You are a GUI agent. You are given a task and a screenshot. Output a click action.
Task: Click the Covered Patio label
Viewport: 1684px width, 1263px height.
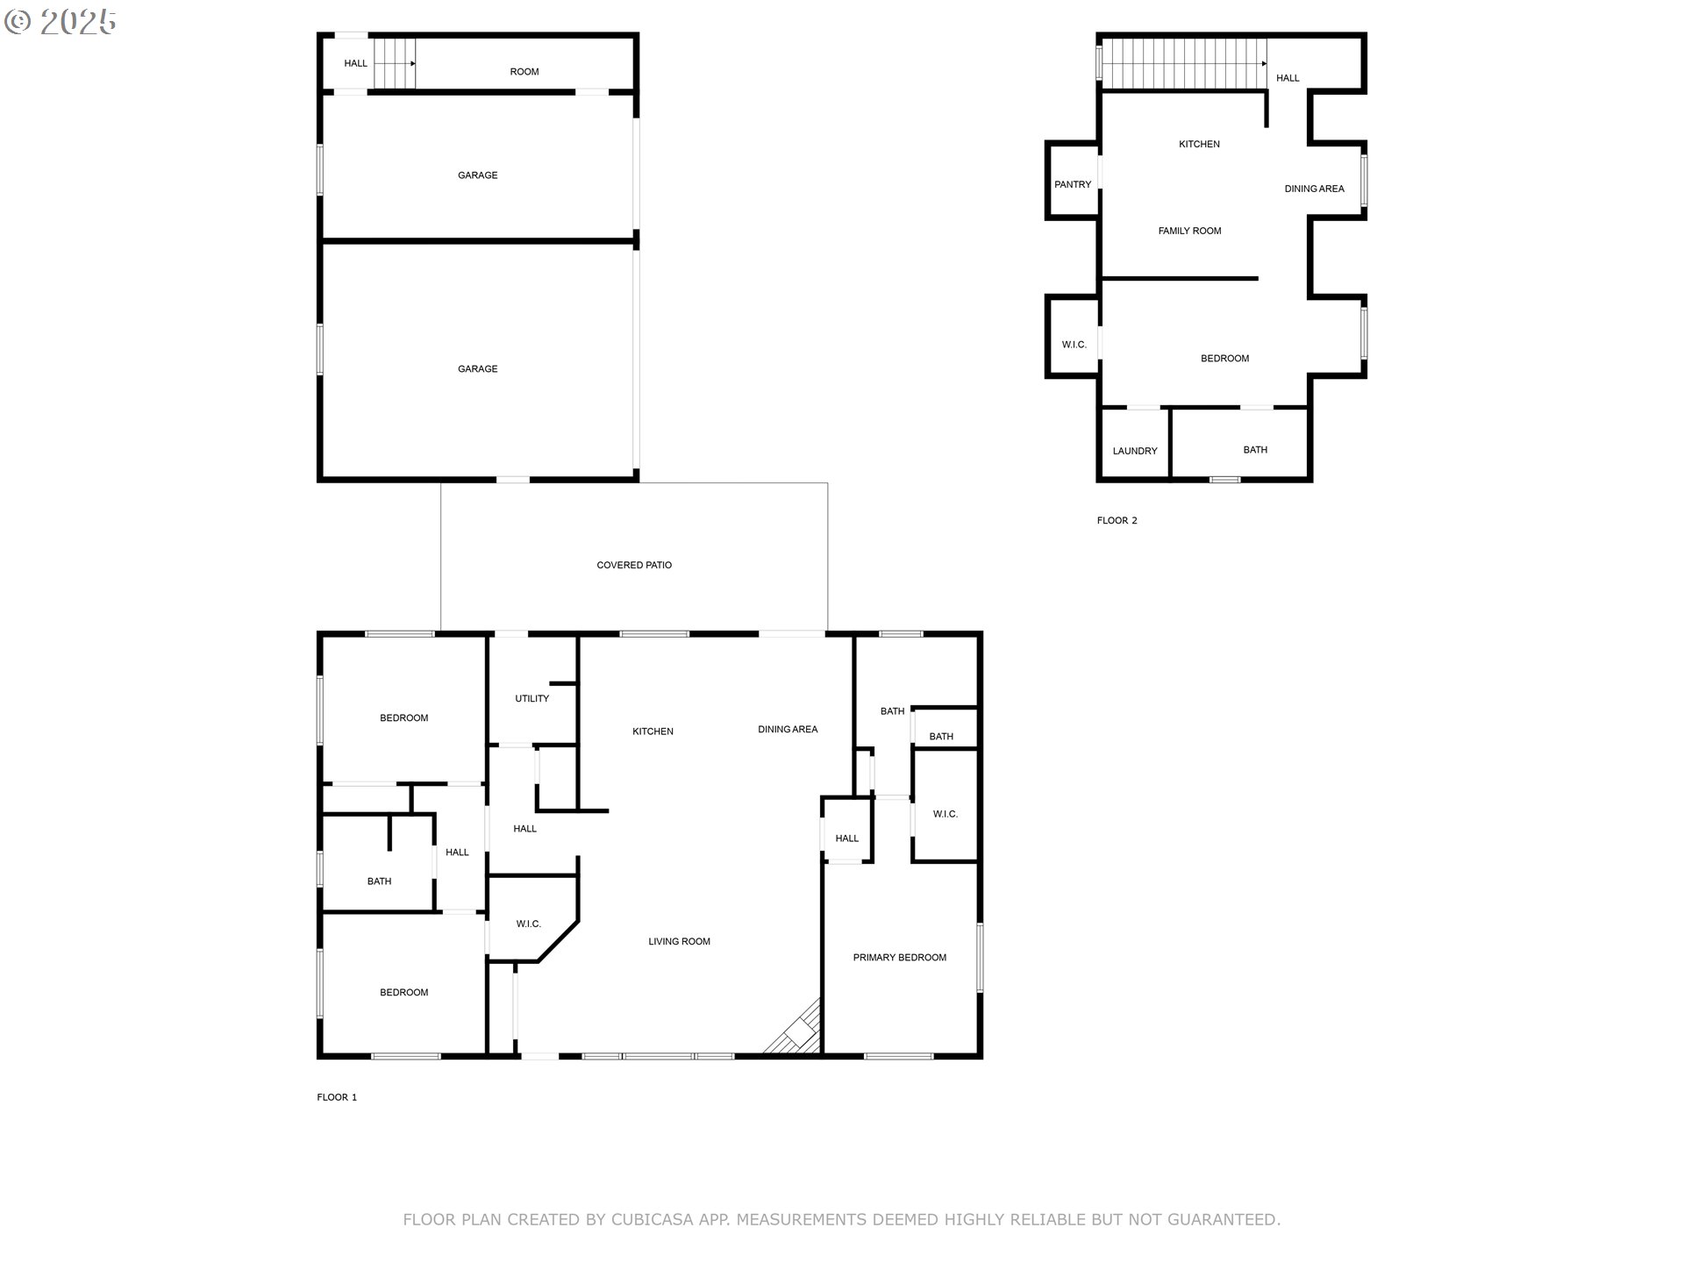[634, 565]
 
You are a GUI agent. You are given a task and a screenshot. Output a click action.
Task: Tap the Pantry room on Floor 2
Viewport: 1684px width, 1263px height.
[1073, 184]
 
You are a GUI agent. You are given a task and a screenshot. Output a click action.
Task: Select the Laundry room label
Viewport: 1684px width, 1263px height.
[1135, 451]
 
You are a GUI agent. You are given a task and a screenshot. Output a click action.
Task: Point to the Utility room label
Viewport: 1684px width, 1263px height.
[532, 698]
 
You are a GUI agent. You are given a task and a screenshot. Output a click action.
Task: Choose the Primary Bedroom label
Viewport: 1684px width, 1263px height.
[899, 957]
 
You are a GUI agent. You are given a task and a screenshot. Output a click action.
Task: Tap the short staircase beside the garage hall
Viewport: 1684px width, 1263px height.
[394, 64]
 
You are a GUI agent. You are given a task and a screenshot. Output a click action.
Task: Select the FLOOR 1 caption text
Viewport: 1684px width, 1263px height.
[337, 1097]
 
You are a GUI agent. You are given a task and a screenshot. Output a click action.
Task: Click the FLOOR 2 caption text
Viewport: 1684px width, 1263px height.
[1117, 520]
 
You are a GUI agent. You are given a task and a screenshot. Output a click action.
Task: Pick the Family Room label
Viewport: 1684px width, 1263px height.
[1189, 231]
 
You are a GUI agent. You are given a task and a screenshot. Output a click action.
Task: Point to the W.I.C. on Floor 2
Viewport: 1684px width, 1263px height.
[1074, 345]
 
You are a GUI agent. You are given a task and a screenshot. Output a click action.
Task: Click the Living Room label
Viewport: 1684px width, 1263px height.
[679, 941]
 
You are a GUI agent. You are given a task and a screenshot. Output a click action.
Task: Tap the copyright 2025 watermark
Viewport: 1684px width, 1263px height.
[61, 22]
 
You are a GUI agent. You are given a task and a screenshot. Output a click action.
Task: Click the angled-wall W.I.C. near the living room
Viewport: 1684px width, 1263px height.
[528, 924]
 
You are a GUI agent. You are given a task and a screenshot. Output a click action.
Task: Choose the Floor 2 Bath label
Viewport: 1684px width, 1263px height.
[1254, 450]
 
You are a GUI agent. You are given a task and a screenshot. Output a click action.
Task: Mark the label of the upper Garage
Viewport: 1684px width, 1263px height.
[477, 175]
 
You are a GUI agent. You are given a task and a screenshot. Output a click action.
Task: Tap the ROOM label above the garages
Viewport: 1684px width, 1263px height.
[524, 72]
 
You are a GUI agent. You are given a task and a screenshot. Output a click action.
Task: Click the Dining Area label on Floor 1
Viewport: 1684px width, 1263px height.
[787, 729]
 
